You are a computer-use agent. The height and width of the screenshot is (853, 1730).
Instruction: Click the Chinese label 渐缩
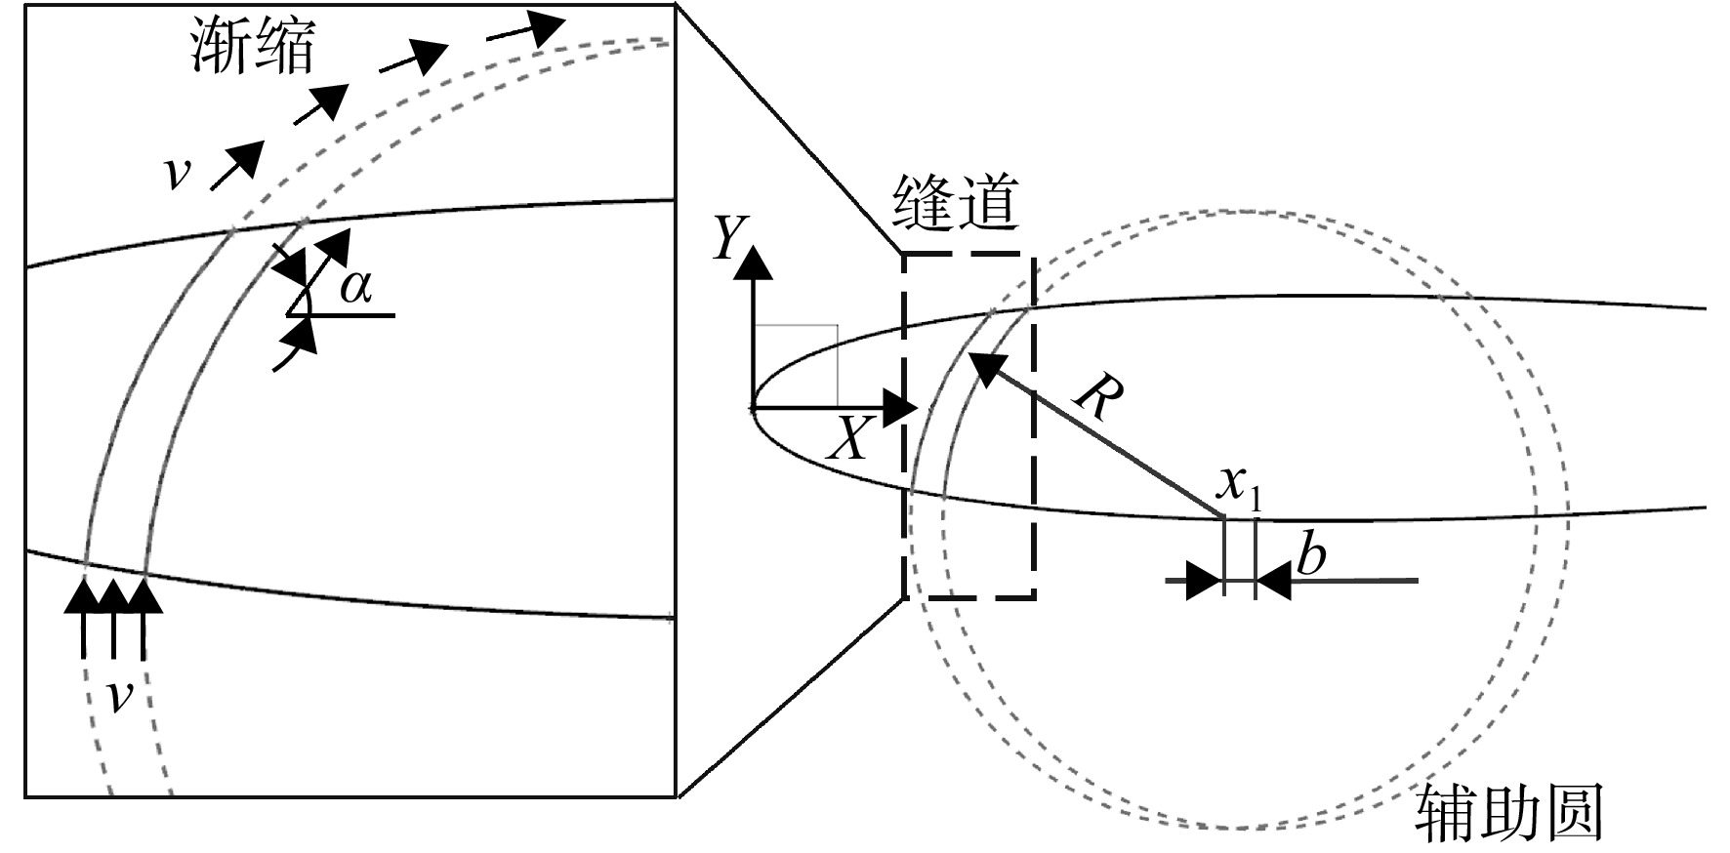[252, 47]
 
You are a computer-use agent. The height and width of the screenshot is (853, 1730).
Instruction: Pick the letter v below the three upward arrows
[118, 697]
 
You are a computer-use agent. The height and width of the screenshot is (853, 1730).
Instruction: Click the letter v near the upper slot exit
[177, 173]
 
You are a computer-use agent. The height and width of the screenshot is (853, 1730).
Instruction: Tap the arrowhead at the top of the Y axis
[752, 263]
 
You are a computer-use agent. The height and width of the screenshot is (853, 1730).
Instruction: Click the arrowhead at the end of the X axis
[896, 406]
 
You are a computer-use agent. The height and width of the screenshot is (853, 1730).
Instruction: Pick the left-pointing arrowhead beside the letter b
[1273, 582]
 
